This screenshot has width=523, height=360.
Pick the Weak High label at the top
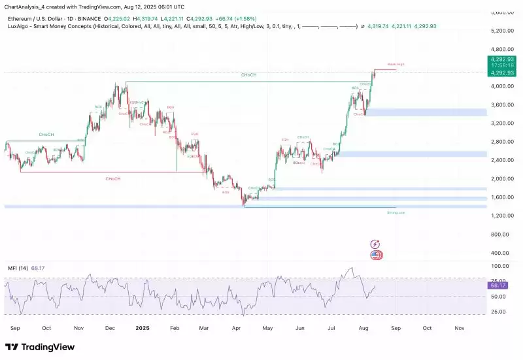click(x=396, y=64)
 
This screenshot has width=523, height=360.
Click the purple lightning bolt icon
click(x=375, y=244)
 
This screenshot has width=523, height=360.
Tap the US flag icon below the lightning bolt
click(x=376, y=255)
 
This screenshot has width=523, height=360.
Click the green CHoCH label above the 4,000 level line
click(x=248, y=75)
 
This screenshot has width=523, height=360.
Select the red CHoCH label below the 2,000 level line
click(x=114, y=178)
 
